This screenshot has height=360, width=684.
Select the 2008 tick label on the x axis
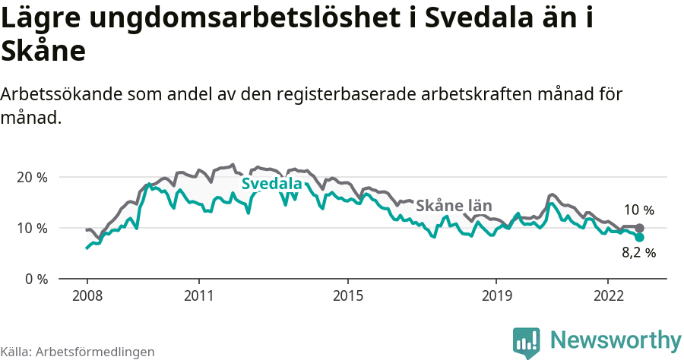point(87,295)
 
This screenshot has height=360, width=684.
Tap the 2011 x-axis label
point(198,295)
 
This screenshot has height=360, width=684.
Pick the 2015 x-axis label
point(347,295)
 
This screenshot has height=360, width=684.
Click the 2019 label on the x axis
point(496,295)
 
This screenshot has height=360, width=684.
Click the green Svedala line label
point(271,184)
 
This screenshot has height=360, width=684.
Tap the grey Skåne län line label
point(454,206)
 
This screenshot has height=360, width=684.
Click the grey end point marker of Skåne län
point(639,228)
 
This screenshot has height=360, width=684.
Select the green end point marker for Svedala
point(639,237)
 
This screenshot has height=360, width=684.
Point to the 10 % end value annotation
point(638,210)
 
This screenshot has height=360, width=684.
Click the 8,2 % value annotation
point(638,254)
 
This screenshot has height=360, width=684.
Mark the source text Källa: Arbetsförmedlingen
point(78,352)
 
